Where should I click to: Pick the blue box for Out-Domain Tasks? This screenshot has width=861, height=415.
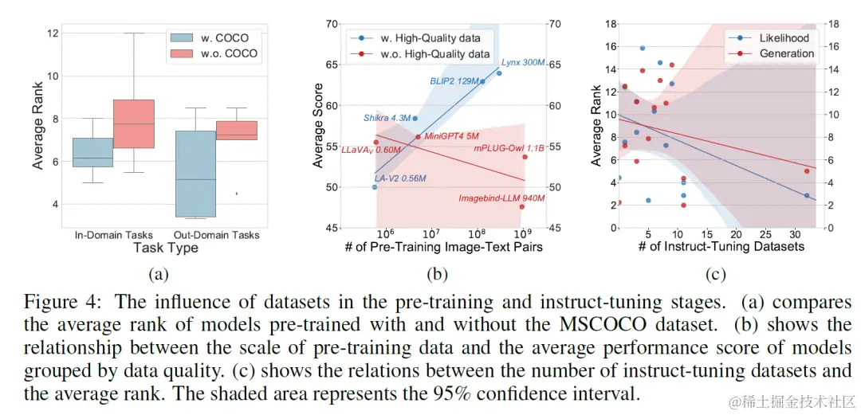[x=195, y=174]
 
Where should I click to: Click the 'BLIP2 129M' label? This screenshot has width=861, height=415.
[x=454, y=81]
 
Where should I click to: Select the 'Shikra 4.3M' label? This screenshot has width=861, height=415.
[x=387, y=118]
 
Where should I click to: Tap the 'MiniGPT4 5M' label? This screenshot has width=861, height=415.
[x=451, y=136]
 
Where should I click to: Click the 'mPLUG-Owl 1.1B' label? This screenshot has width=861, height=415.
[x=509, y=148]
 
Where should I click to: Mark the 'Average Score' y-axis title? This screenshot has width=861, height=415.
[x=319, y=126]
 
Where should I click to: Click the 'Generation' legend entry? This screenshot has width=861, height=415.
[x=786, y=53]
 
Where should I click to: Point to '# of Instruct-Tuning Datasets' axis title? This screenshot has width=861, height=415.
[x=721, y=246]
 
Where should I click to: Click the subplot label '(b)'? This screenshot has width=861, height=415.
[x=437, y=274]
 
